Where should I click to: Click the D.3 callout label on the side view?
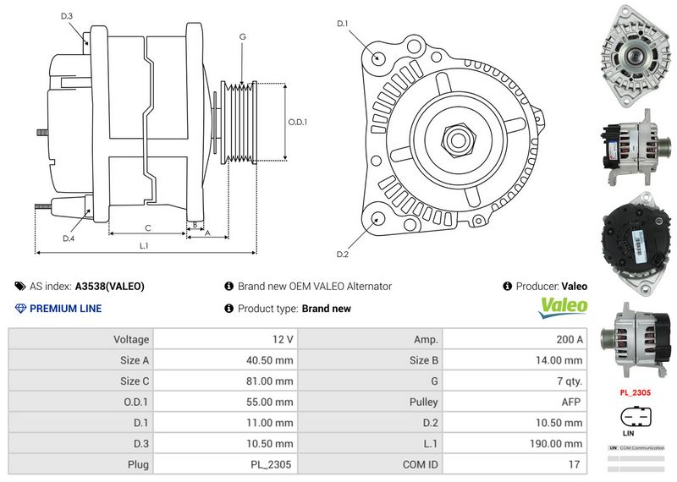[67, 16]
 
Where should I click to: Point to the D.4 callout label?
[69, 238]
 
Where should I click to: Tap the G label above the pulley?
[243, 36]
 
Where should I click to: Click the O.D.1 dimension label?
[298, 122]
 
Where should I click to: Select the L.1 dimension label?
[144, 245]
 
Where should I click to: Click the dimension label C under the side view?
[148, 227]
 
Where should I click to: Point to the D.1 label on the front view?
[343, 24]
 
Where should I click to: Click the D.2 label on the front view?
[343, 255]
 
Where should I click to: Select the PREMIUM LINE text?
[65, 309]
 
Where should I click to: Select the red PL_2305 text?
[635, 392]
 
